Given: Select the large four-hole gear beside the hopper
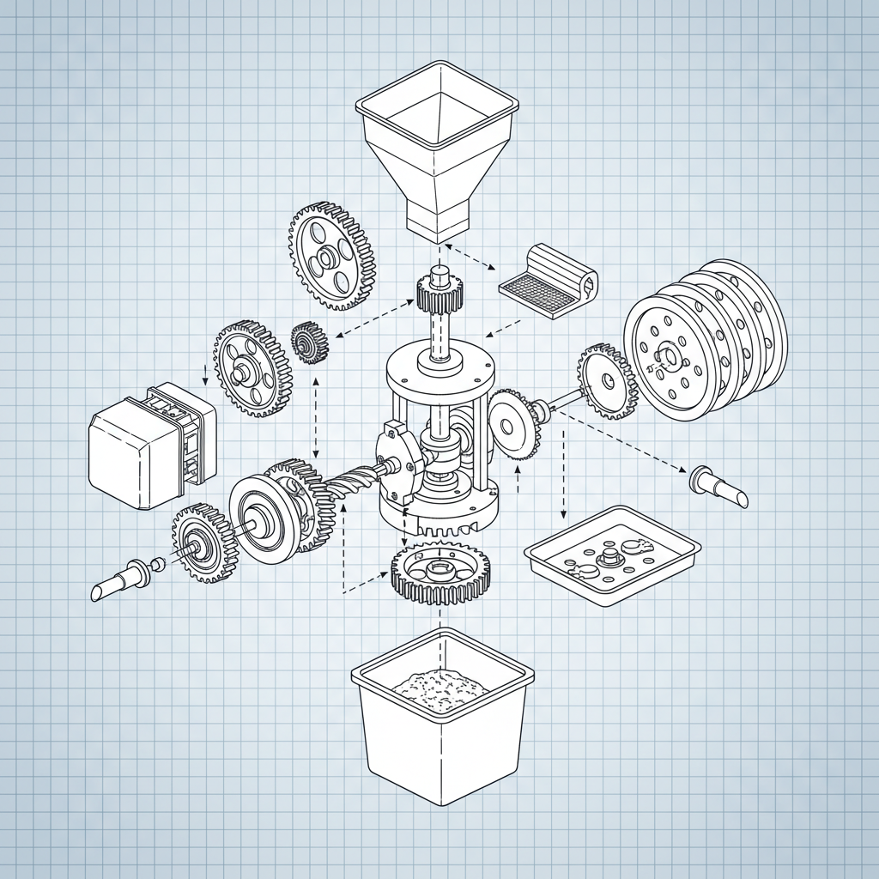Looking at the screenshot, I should (330, 256).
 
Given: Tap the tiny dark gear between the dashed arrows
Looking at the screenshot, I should (309, 343).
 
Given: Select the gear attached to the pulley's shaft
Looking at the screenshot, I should (606, 380).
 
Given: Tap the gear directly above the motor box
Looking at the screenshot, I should (252, 369).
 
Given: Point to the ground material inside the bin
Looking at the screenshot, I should (439, 687).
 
